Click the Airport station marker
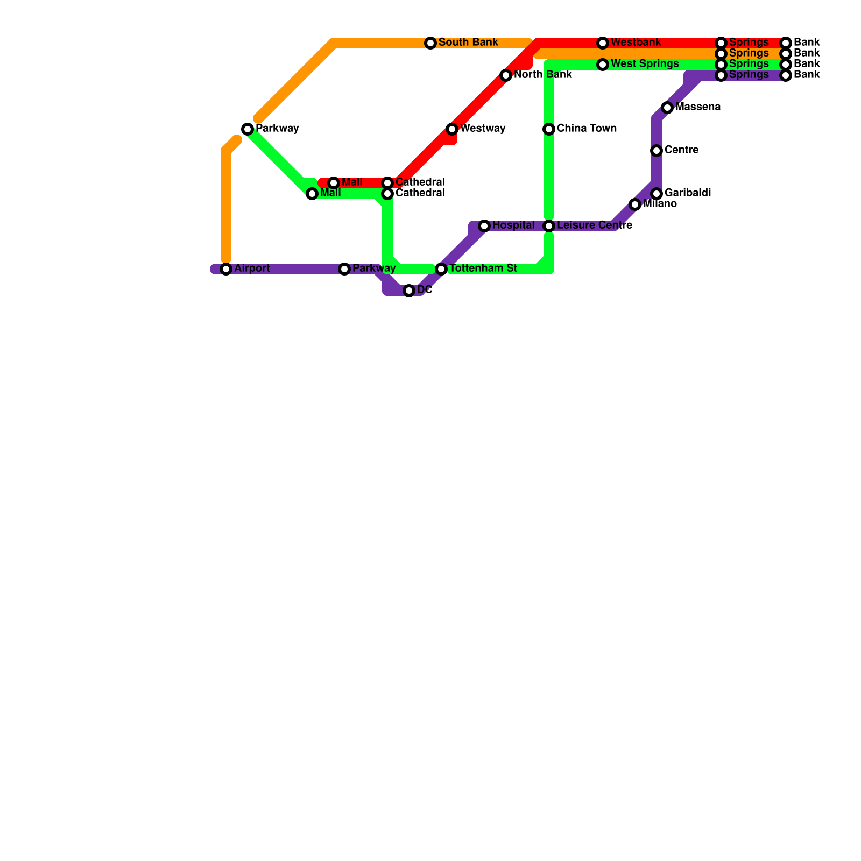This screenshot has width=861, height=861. click(x=226, y=269)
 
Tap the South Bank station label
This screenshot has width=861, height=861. click(x=468, y=43)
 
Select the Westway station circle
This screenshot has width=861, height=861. click(x=452, y=129)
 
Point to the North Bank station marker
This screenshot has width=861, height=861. click(x=506, y=75)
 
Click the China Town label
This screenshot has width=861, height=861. click(x=587, y=129)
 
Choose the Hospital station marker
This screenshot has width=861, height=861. click(x=484, y=226)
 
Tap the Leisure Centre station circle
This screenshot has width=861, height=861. click(x=549, y=226)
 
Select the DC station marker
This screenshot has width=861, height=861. click(x=409, y=291)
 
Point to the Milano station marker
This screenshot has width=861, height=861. click(x=635, y=204)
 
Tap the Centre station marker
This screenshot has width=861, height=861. click(x=657, y=151)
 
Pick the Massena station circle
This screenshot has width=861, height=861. click(x=667, y=108)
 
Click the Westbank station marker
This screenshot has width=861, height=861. click(x=603, y=43)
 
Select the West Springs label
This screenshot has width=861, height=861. click(x=645, y=64)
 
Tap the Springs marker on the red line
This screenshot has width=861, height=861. click(x=721, y=43)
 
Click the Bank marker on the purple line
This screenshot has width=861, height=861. click(x=786, y=75)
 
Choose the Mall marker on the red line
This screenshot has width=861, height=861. click(x=334, y=183)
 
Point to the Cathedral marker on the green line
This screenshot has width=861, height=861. click(x=387, y=194)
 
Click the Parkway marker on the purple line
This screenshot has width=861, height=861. click(x=344, y=269)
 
